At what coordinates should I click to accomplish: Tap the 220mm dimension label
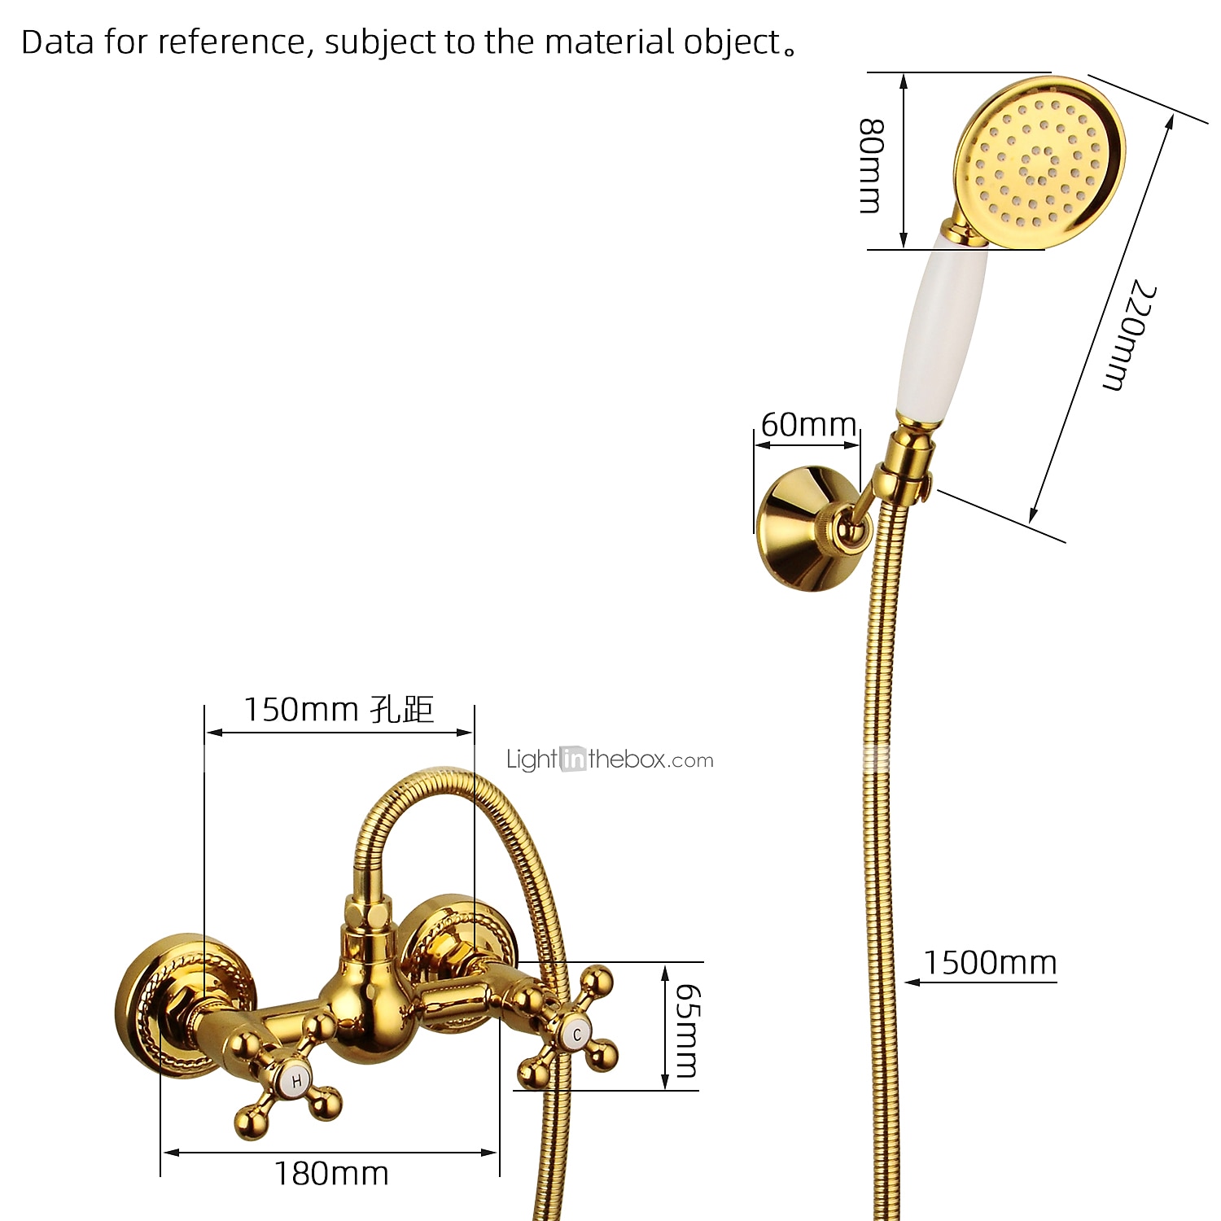1129,335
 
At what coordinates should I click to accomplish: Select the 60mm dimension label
808,425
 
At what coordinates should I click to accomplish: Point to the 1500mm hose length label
990,963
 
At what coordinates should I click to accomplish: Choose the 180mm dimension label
331,1174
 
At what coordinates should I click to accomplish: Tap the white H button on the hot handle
296,1081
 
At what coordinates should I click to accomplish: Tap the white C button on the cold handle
577,1035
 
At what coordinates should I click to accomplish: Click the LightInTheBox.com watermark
610,759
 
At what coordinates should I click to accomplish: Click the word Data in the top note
58,42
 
